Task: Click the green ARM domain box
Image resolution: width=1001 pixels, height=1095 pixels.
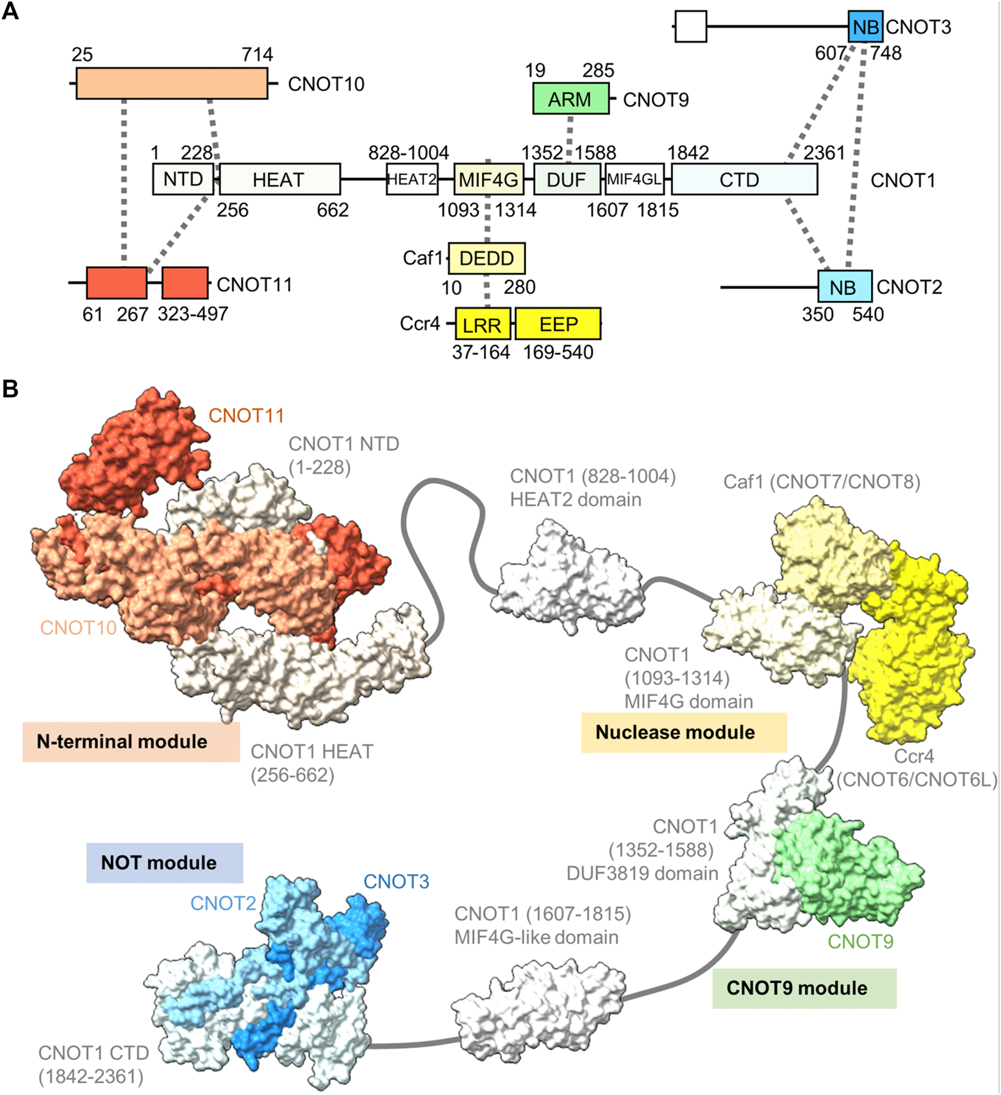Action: (570, 98)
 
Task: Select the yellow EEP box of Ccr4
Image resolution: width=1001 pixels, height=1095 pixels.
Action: (558, 324)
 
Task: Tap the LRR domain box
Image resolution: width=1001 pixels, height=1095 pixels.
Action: (483, 324)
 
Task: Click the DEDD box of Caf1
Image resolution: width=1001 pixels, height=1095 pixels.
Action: (487, 258)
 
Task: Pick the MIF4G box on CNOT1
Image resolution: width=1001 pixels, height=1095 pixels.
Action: (488, 179)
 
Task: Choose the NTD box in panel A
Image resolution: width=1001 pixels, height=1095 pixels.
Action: (183, 179)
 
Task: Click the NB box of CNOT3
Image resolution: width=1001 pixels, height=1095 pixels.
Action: (865, 27)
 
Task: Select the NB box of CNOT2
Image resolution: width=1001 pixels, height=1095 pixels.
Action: (844, 287)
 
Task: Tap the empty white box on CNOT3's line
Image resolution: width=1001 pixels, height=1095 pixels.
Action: (691, 27)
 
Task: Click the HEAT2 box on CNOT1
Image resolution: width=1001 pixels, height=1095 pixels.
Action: (412, 179)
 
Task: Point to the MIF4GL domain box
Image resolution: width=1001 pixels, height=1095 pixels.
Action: (635, 179)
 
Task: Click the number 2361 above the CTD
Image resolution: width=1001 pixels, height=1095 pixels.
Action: (824, 153)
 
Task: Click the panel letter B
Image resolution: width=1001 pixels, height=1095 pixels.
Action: (11, 389)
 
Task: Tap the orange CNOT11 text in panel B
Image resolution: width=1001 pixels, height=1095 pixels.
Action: (246, 415)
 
